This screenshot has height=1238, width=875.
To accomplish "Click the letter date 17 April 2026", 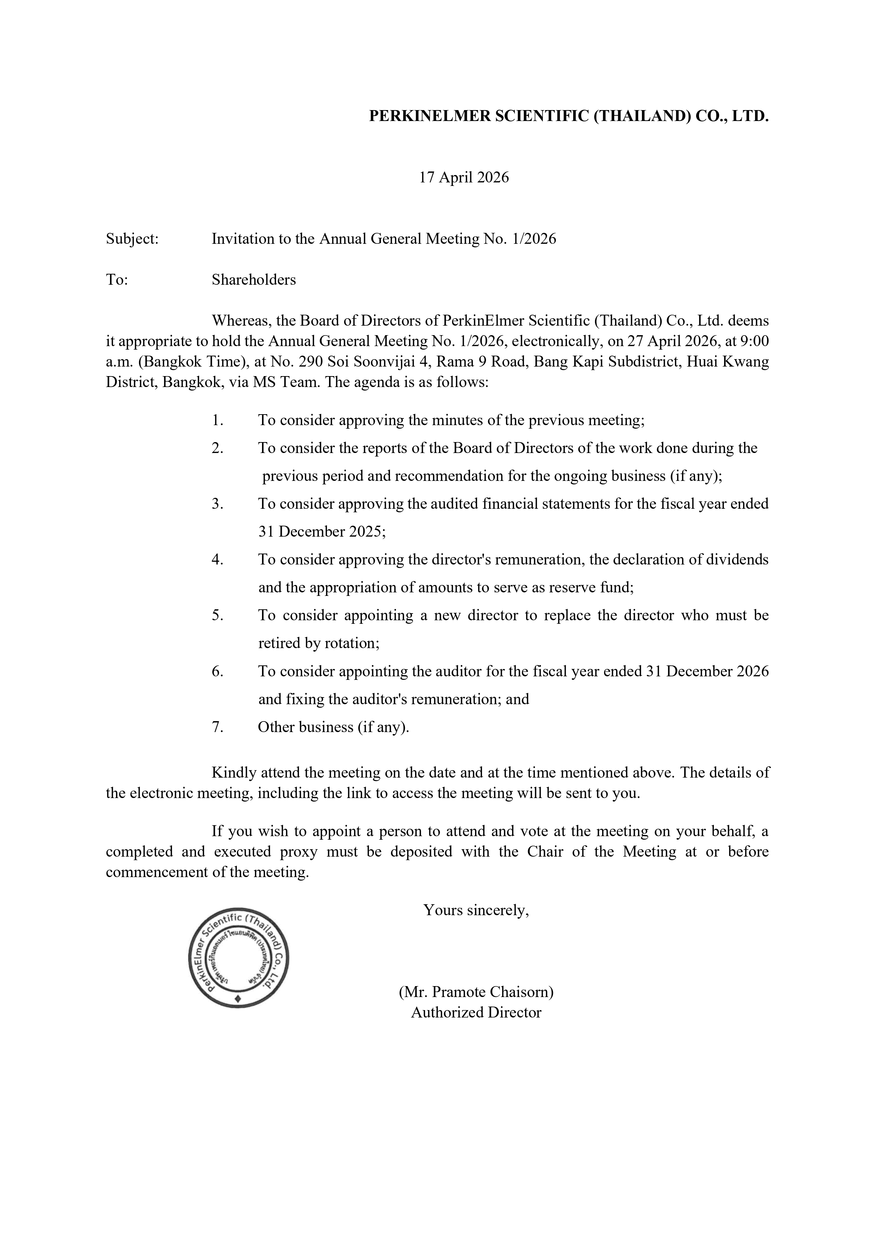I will pos(464,177).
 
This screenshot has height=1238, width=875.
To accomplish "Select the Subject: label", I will pos(132,239).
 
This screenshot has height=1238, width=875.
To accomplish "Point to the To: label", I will pos(116,280).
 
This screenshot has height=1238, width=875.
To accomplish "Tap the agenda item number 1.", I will pos(217,420).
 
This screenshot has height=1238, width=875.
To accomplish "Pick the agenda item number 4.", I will pos(217,560).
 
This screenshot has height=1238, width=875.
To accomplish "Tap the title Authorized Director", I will pos(476,1013).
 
